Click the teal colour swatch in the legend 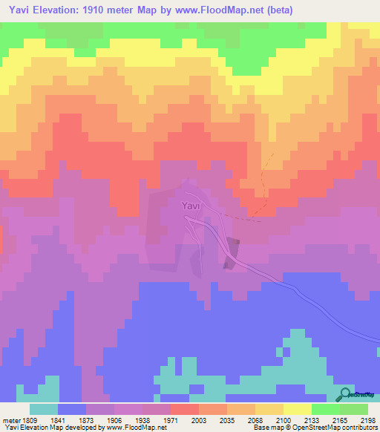pyautogui.click(x=44, y=409)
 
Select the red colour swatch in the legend pyautogui.click(x=184, y=409)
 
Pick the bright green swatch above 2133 pyautogui.click(x=325, y=409)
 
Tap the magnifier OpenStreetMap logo pyautogui.click(x=344, y=395)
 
